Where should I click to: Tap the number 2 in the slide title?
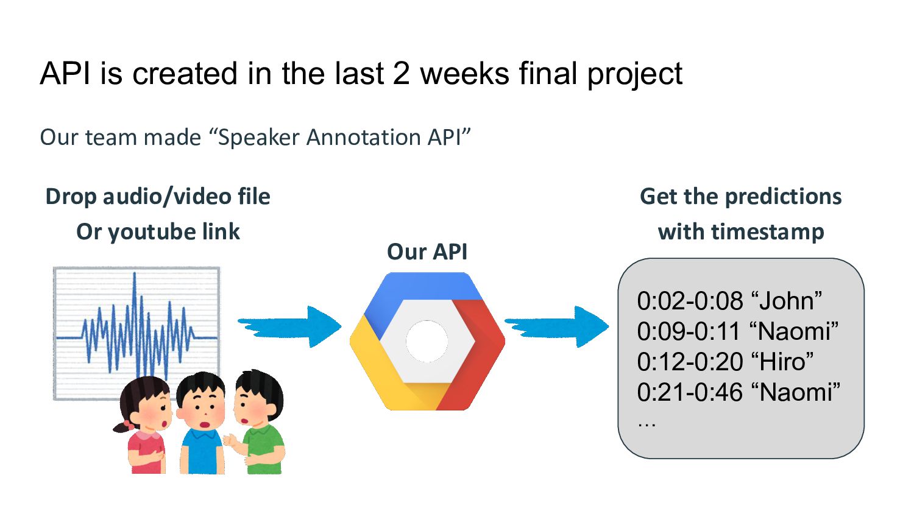[x=402, y=74]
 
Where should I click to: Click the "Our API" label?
[x=427, y=252]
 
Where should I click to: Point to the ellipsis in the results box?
[x=647, y=423]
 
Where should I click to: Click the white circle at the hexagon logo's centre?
[x=427, y=341]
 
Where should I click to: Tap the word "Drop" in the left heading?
[x=71, y=197]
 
